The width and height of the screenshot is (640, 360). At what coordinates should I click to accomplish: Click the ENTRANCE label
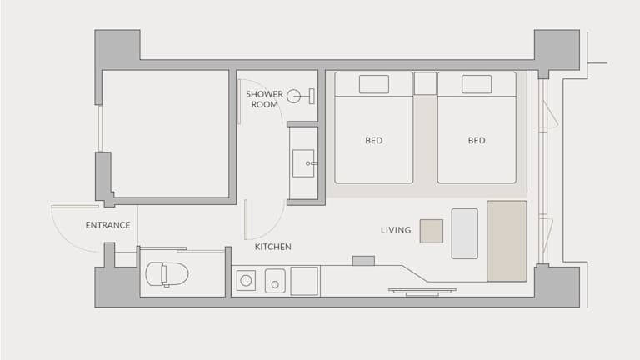point(107,225)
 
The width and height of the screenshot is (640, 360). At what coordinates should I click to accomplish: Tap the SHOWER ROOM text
point(264,99)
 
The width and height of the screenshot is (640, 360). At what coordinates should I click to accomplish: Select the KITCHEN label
point(273,247)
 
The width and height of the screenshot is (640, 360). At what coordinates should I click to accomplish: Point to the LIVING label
point(396,230)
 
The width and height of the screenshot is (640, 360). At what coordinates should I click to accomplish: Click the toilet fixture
point(167,274)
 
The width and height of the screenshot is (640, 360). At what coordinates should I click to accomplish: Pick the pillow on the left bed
point(374,84)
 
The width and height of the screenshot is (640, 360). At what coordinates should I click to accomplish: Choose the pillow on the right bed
point(477,84)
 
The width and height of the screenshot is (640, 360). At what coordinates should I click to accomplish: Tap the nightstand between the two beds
point(425,83)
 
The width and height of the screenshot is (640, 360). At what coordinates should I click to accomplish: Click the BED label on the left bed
point(374,140)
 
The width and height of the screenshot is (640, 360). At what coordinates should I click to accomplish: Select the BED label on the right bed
point(477,140)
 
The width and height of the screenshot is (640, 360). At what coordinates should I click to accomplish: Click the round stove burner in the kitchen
point(246,280)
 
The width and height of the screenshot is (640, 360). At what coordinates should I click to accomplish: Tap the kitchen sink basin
point(275,280)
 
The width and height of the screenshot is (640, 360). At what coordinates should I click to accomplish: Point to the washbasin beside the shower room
point(303,163)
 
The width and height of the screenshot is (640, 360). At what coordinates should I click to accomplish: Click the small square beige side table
point(432,231)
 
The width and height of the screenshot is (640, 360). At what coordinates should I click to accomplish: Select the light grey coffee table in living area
point(465,233)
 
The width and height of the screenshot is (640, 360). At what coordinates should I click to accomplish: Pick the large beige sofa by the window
point(507,241)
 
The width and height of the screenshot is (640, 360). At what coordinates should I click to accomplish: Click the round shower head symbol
point(293,97)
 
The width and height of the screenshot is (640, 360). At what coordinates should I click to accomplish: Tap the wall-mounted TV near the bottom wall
point(422,292)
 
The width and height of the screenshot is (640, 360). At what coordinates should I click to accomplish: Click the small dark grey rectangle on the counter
point(363,261)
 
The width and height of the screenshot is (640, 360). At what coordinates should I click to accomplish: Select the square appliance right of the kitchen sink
point(304,281)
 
